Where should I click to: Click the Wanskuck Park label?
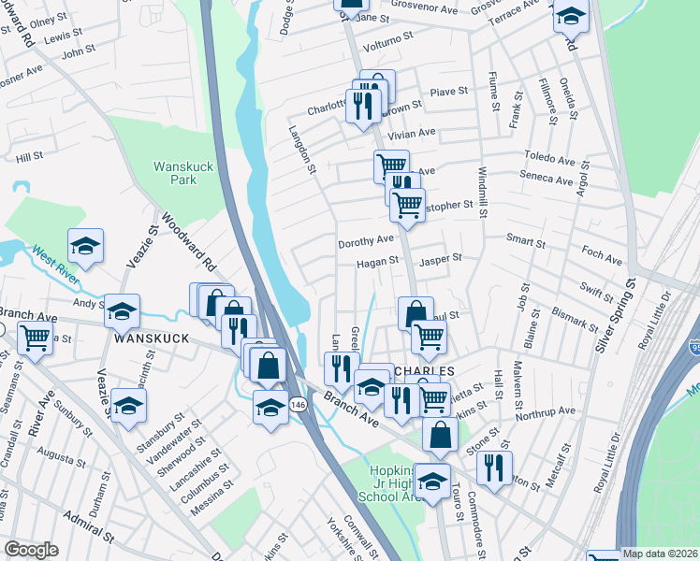pos(176,173)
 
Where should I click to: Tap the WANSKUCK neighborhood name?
pos(153,338)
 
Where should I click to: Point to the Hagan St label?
pos(377,263)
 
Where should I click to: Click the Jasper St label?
pos(441,259)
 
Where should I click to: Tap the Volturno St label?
pos(387,41)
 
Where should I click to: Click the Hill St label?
pos(30,156)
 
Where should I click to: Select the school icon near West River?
pos(86,247)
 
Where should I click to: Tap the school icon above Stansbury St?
pos(128,406)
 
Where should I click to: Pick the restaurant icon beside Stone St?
pos(495,465)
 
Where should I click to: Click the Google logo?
pos(32,550)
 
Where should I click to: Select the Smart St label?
pos(526,242)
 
